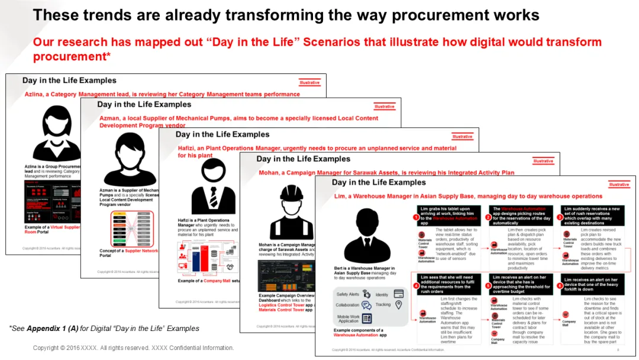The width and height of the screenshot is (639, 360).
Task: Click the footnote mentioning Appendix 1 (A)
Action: click(x=104, y=328)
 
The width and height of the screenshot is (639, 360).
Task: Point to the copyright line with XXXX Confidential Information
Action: click(x=133, y=348)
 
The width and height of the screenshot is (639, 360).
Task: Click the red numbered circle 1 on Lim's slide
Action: click(x=415, y=217)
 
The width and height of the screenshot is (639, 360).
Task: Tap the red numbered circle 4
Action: click(x=415, y=284)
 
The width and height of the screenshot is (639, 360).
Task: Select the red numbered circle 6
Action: click(x=560, y=285)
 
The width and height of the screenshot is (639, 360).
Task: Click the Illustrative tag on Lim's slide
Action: click(x=619, y=185)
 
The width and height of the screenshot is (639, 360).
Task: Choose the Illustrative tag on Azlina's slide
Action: click(x=309, y=82)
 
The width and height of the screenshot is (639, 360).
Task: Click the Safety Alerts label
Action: click(x=347, y=294)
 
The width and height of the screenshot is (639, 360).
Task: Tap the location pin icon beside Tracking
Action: click(x=398, y=305)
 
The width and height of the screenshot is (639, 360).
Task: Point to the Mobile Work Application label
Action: click(x=348, y=318)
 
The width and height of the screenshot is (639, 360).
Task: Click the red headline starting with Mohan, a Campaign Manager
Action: click(x=386, y=173)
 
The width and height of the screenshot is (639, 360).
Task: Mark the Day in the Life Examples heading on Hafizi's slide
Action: click(x=222, y=134)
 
